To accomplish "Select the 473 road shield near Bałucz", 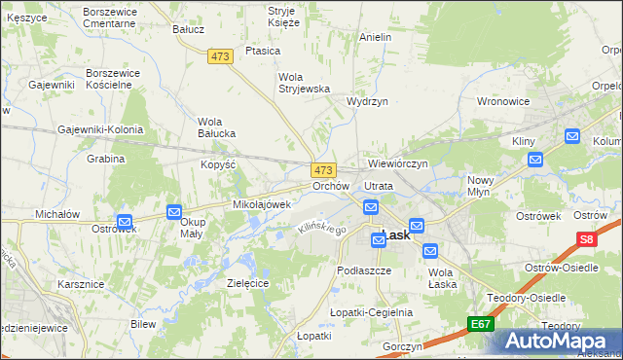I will click(220, 57).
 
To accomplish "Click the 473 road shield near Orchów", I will click(324, 169).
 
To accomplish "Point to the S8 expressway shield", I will click(585, 239).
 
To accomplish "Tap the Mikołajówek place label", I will click(261, 204).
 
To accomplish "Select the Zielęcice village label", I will click(247, 282).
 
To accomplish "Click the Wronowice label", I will click(502, 100).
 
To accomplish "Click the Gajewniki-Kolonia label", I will click(100, 129).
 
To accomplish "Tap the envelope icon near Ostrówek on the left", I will click(125, 221).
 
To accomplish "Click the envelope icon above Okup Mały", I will click(174, 211).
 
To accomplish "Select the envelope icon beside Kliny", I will click(533, 160).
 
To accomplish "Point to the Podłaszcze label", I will click(363, 270).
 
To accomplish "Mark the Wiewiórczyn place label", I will click(397, 163).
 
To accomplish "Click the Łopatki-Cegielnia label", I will click(371, 312).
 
